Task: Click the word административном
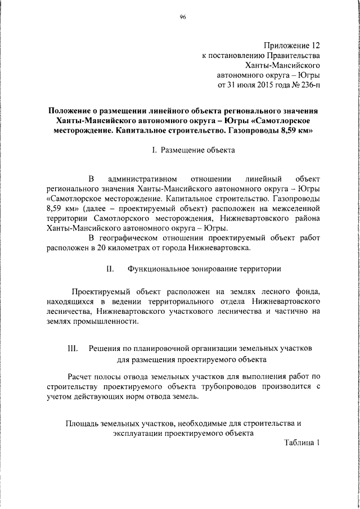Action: coord(148,179)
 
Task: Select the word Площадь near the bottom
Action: coord(83,423)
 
